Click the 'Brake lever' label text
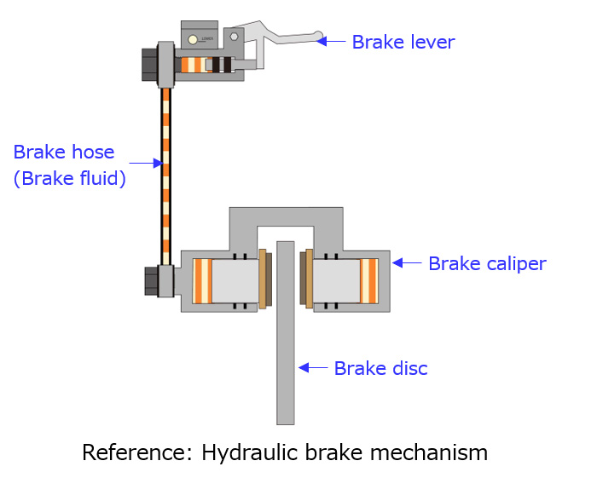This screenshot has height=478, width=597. (x=403, y=42)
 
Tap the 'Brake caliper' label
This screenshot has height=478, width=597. (x=486, y=263)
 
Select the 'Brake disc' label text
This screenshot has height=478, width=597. (x=380, y=368)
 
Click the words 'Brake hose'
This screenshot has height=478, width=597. (x=64, y=153)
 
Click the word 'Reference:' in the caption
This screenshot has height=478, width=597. (x=136, y=452)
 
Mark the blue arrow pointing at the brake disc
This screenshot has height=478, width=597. (x=311, y=368)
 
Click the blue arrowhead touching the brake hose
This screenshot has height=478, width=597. (x=155, y=162)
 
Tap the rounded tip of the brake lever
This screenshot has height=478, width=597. (x=319, y=37)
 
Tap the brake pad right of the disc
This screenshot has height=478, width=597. (x=305, y=279)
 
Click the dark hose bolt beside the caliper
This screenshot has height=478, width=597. (x=151, y=280)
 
